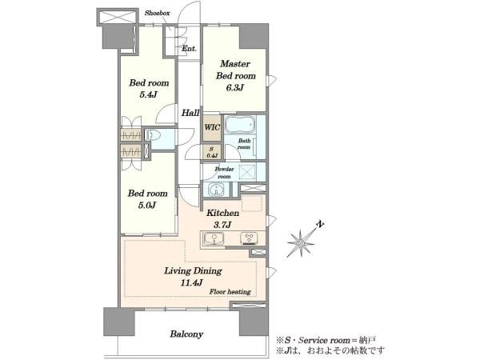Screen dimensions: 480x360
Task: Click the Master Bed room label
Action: point(236,70)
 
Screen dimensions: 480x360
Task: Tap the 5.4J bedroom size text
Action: point(148,94)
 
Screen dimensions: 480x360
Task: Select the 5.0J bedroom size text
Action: point(147,205)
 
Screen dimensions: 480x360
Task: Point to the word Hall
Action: point(190,113)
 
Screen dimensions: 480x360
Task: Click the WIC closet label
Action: point(212,127)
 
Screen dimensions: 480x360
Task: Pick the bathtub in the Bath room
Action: point(240,125)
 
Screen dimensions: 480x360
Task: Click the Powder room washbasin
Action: point(217,189)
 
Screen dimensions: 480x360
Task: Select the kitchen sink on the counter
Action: point(214,238)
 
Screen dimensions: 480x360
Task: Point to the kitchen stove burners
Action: point(249,238)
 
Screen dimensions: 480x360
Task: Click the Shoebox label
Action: point(157,13)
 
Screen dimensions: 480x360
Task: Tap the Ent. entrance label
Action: point(189,49)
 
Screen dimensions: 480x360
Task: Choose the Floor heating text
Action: point(230,292)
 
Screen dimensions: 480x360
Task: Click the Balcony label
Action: point(186,334)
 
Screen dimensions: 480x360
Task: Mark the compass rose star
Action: point(301,243)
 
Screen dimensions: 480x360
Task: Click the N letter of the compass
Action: point(319,224)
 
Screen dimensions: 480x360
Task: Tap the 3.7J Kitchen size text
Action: point(222,226)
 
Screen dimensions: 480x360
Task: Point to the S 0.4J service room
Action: point(212,152)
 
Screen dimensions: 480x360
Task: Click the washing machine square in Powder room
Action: point(247,172)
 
